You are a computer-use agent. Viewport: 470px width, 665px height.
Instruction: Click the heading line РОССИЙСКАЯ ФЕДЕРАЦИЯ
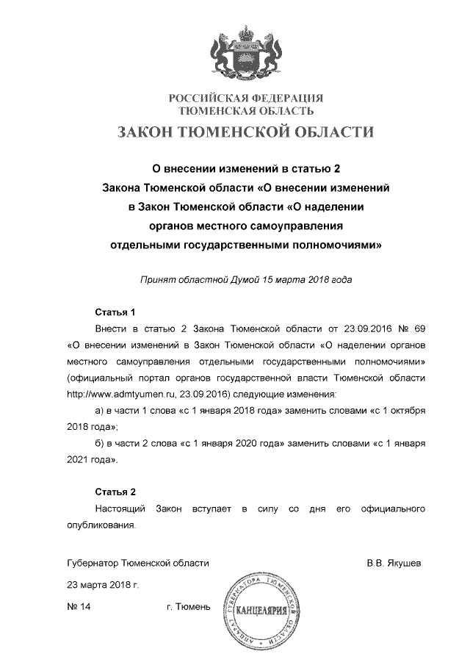(x=246, y=98)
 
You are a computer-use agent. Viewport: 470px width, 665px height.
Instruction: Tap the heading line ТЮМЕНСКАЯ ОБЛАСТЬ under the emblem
(x=247, y=111)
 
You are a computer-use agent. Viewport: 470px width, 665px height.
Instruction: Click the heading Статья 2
(x=116, y=491)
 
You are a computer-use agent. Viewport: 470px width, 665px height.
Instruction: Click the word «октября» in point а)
(x=407, y=411)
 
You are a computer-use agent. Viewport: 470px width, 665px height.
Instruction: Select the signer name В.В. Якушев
(x=394, y=563)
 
